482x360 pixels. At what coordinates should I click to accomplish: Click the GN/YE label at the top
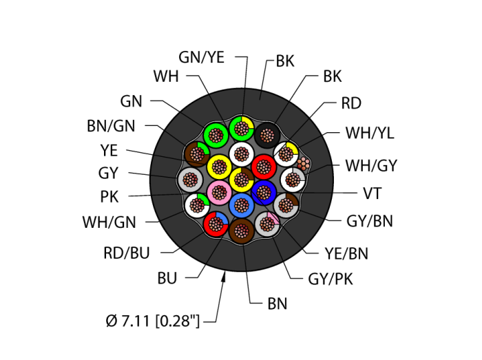(x=201, y=58)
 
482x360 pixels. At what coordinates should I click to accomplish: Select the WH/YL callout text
(x=370, y=134)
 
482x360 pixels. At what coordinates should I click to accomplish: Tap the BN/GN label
(x=111, y=126)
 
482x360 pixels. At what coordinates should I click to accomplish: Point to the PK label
(x=109, y=198)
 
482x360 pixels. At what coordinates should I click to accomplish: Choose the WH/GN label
(x=109, y=222)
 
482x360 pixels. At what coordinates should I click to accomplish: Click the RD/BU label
(x=127, y=253)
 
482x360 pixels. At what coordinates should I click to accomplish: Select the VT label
(x=372, y=193)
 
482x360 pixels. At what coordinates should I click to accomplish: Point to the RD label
(x=350, y=104)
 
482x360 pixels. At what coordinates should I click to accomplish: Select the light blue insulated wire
(x=240, y=204)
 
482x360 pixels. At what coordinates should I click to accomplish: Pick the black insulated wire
(x=266, y=136)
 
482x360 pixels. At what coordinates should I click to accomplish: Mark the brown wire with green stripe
(x=197, y=154)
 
